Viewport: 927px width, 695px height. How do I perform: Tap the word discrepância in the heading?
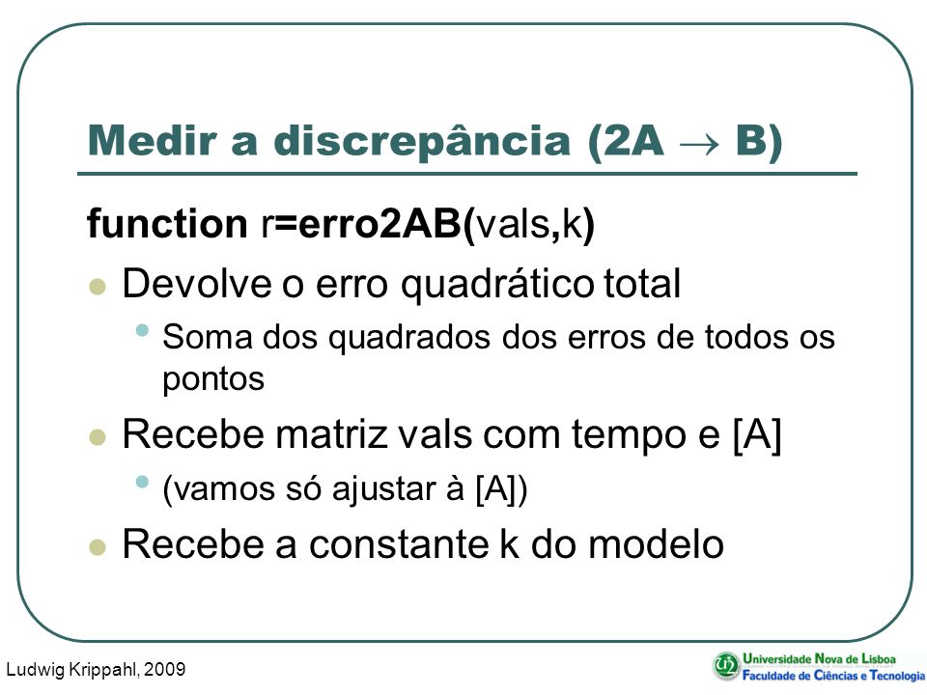click(421, 142)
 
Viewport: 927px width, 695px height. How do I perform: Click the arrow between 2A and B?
click(699, 144)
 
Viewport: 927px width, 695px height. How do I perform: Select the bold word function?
click(167, 223)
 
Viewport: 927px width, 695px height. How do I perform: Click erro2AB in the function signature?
click(379, 224)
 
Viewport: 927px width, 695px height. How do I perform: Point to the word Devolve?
click(197, 283)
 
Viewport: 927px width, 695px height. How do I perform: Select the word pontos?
click(213, 379)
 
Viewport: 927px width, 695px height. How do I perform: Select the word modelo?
click(657, 543)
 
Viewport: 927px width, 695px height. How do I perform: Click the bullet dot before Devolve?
click(98, 287)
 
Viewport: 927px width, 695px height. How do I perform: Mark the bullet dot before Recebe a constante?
click(98, 547)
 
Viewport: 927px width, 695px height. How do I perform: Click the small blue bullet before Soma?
click(142, 330)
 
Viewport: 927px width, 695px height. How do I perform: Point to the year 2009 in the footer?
click(164, 669)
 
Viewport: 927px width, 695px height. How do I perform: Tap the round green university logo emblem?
click(725, 666)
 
